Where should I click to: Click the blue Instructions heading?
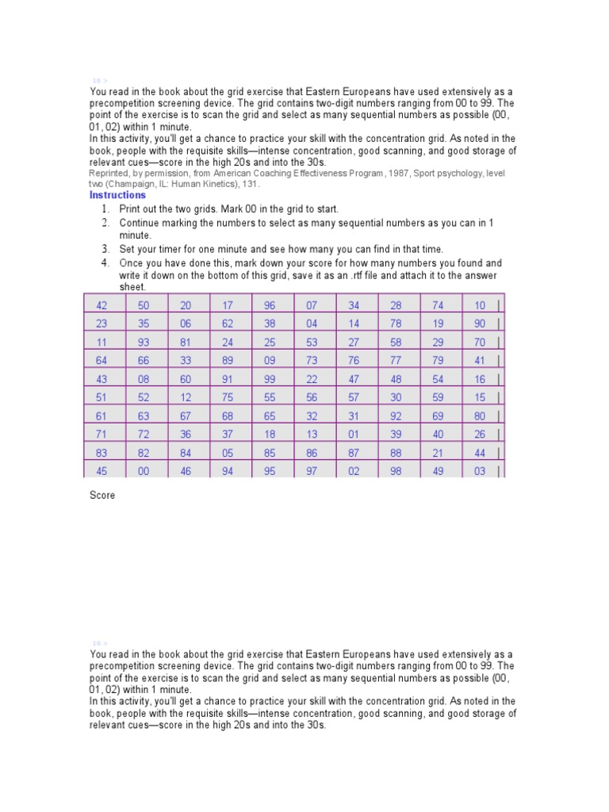[x=117, y=195]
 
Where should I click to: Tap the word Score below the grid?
[x=102, y=496]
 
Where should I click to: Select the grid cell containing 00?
[x=144, y=471]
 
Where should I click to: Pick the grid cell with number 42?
[x=101, y=305]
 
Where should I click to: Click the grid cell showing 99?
[x=270, y=379]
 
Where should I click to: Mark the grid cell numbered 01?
[x=354, y=434]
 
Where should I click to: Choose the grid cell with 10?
[x=480, y=305]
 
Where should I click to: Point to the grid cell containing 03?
[x=480, y=471]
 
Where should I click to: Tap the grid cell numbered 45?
[x=101, y=471]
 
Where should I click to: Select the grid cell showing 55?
[x=270, y=397]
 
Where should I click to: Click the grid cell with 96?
[x=270, y=305]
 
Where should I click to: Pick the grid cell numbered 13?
[x=312, y=434]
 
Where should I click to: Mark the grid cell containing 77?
[x=396, y=361]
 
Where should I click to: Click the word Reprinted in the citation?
[x=109, y=173]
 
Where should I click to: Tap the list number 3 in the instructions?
[x=105, y=249]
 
